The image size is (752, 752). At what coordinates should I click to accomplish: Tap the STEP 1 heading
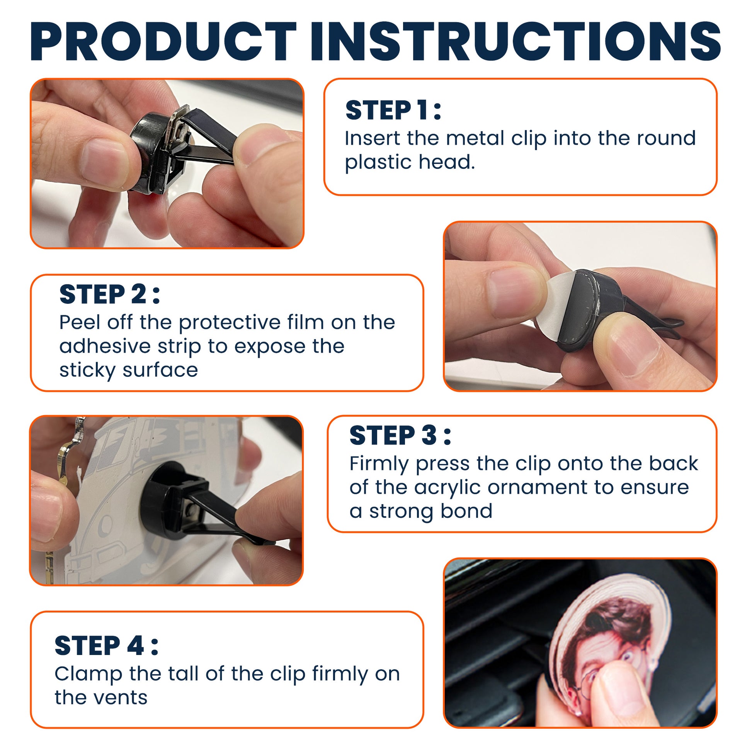coord(393,110)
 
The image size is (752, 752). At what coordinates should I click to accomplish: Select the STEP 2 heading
coord(109,294)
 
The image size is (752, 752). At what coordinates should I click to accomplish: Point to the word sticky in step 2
coord(87,371)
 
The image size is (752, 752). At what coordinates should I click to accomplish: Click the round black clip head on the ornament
coord(163,498)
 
